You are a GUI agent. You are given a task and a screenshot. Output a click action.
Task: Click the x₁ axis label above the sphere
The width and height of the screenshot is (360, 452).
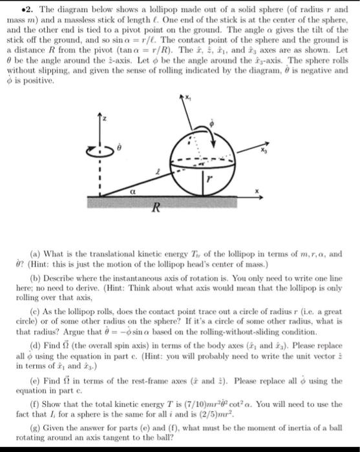(187, 98)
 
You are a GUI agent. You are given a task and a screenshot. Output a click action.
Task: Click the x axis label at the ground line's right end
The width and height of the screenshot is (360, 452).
(257, 190)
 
